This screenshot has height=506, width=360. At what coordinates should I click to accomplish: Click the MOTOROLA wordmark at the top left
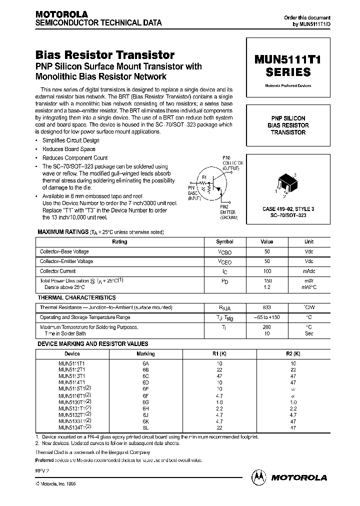(61, 14)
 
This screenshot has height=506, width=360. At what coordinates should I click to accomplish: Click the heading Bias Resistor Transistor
(105, 55)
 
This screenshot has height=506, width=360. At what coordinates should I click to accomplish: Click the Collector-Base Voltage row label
(66, 251)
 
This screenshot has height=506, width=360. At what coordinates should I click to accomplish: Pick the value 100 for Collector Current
(267, 271)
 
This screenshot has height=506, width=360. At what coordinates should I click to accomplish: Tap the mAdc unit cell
(309, 271)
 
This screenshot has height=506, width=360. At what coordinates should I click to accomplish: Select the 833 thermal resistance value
(267, 307)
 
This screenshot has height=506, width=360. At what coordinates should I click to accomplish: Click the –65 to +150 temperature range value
(267, 317)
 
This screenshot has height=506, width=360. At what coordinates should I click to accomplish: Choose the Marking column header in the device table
(145, 353)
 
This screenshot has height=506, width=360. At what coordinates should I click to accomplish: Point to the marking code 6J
(145, 414)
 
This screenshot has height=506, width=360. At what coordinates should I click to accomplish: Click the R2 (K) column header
(293, 353)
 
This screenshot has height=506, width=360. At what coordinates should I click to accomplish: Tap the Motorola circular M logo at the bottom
(260, 477)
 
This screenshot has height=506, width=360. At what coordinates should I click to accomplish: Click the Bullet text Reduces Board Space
(69, 149)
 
